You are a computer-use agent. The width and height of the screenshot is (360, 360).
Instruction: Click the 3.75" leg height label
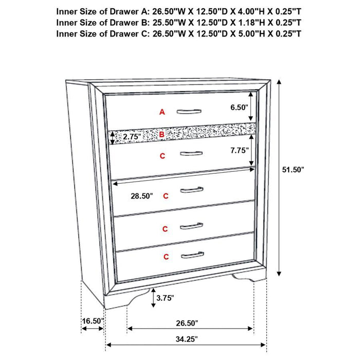pos(165,297)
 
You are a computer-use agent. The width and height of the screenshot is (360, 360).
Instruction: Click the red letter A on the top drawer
pos(162,112)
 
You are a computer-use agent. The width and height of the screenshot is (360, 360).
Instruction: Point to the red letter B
pos(162,135)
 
